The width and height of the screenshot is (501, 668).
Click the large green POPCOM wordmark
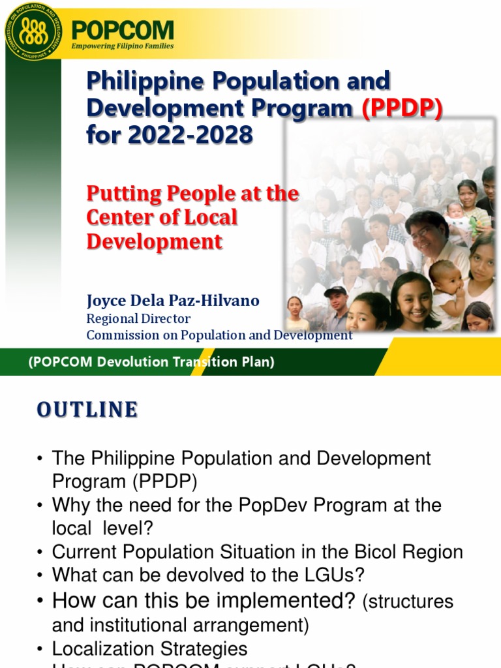tap(123, 30)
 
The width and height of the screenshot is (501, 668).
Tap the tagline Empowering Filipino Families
tap(123, 46)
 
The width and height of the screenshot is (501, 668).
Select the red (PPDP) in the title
tap(402, 108)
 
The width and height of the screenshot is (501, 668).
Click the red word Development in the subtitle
tap(155, 241)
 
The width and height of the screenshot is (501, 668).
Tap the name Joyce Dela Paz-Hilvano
tap(173, 301)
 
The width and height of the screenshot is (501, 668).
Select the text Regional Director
tap(138, 318)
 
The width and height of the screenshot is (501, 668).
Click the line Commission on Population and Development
tap(219, 335)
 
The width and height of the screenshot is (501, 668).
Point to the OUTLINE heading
tap(87, 410)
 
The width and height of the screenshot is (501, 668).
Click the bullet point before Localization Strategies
tap(40, 649)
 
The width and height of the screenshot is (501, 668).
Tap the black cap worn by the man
tap(335, 291)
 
